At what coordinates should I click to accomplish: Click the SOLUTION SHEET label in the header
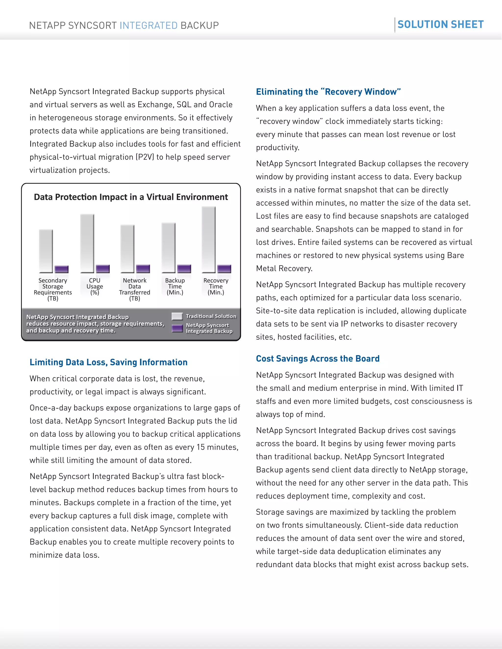click(440, 24)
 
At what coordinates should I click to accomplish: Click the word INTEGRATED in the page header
click(148, 25)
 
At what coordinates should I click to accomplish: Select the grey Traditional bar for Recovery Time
click(209, 240)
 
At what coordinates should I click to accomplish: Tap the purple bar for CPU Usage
click(103, 269)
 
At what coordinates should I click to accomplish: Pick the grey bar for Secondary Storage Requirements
click(46, 251)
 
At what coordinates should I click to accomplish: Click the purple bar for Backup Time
click(184, 268)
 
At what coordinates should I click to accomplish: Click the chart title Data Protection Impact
click(131, 197)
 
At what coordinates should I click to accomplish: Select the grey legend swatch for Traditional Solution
click(177, 316)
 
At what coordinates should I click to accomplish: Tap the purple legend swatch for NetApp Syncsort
click(177, 328)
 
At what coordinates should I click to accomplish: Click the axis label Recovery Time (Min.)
click(216, 287)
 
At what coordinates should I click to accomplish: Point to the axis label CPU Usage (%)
click(95, 287)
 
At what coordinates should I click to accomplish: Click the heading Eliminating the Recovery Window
click(328, 92)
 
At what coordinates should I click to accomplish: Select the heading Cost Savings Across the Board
click(318, 359)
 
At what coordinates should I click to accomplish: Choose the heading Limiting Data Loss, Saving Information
click(109, 362)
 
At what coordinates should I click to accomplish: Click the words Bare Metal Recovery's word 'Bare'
click(455, 255)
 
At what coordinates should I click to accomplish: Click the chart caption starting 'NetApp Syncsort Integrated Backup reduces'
click(95, 324)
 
